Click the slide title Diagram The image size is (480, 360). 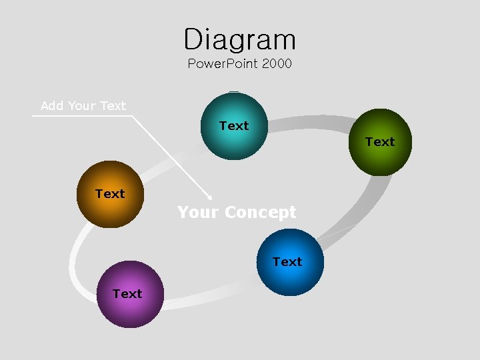[x=240, y=39]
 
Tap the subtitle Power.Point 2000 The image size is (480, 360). [x=240, y=64]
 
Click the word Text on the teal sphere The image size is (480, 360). [x=234, y=125]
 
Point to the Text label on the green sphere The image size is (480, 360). [x=380, y=141]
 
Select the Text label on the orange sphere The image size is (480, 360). [x=110, y=194]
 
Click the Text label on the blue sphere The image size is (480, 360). [x=287, y=261]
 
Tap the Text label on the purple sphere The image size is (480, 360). [x=127, y=293]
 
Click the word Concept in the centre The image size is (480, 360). [x=261, y=213]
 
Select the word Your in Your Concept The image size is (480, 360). [x=198, y=213]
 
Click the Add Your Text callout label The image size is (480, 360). [x=83, y=105]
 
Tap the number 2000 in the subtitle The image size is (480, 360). [x=277, y=64]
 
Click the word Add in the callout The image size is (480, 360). [x=53, y=105]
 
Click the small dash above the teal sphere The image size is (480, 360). [x=233, y=91]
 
